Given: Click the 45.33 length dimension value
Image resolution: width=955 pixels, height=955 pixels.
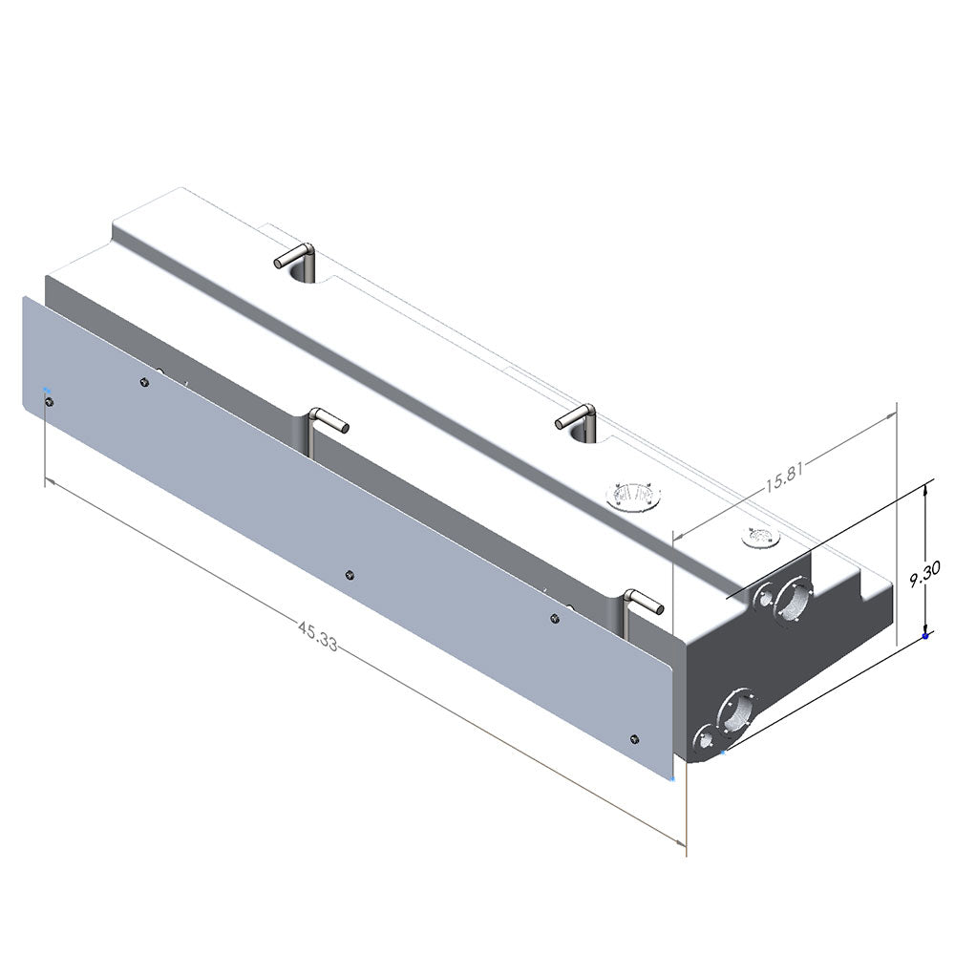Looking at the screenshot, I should coord(318,636).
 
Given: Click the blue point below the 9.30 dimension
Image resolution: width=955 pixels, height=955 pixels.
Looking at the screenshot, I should coord(925,636).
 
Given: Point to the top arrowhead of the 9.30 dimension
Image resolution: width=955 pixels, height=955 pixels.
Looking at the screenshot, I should coord(925,488).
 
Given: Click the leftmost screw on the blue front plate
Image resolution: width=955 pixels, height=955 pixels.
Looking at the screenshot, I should coord(49,401).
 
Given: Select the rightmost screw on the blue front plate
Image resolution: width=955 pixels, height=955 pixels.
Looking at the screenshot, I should coord(635,738).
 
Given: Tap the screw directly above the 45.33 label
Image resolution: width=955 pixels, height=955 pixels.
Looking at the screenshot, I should coord(350,575).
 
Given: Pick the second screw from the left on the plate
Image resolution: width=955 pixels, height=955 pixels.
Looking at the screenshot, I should coord(144,383).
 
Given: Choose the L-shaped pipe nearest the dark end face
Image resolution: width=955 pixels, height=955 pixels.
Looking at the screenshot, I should coord(643,602).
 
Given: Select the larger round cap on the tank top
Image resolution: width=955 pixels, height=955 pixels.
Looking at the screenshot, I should coord(633,495).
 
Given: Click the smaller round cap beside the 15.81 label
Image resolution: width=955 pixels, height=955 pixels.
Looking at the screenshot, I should coord(761,537).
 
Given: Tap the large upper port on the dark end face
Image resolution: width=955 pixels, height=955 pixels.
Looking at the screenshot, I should coord(793,600).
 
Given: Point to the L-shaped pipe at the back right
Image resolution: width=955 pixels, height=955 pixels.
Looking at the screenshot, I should coord(578,416).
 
